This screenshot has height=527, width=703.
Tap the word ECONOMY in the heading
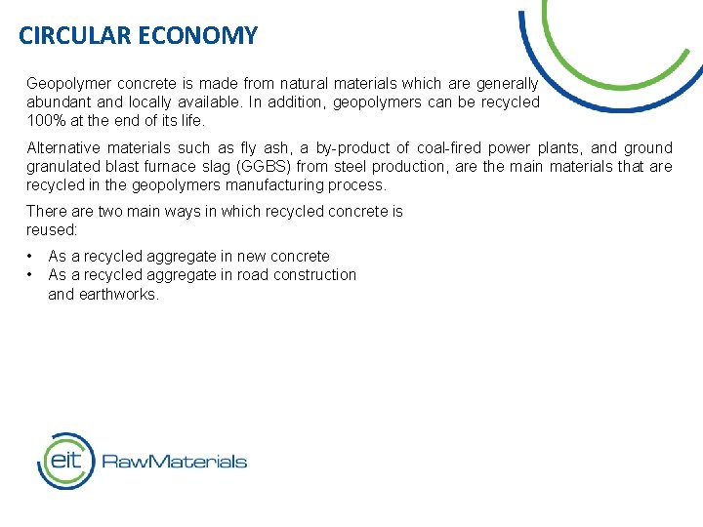coord(198,36)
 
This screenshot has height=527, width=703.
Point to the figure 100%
coord(44,121)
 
